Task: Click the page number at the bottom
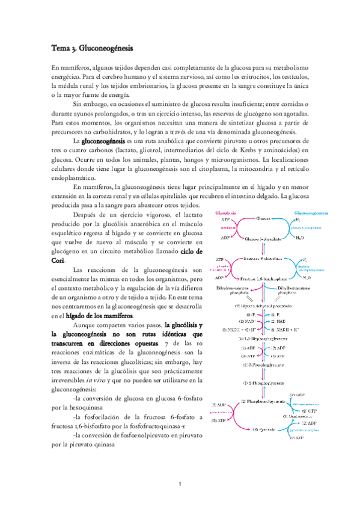[x=180, y=484]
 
